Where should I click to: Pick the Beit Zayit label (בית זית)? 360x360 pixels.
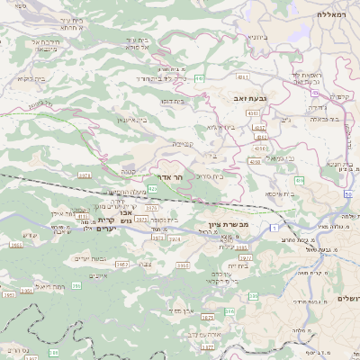click(238, 265)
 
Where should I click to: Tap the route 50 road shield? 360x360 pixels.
click(347, 193)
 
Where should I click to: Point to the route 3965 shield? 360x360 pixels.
click(184, 265)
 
